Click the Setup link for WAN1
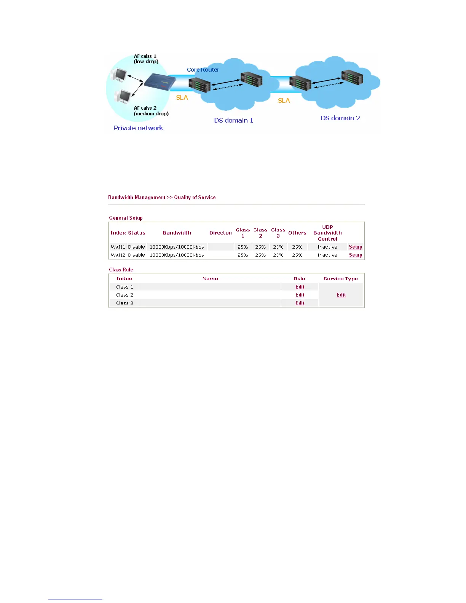click(355, 247)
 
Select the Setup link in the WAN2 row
click(355, 255)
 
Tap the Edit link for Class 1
click(300, 287)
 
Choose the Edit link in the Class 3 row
click(300, 303)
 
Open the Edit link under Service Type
click(341, 295)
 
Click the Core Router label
click(203, 70)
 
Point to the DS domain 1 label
click(233, 120)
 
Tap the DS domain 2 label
click(340, 118)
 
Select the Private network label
click(138, 128)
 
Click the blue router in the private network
click(160, 81)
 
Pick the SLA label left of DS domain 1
click(182, 98)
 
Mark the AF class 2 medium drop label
click(151, 111)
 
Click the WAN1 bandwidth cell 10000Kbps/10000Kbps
click(177, 247)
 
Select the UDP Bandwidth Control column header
click(327, 233)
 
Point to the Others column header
click(297, 233)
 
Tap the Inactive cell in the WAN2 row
click(327, 255)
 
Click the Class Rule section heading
click(121, 270)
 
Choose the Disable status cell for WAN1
click(136, 247)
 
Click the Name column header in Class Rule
click(210, 279)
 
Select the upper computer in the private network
click(119, 75)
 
